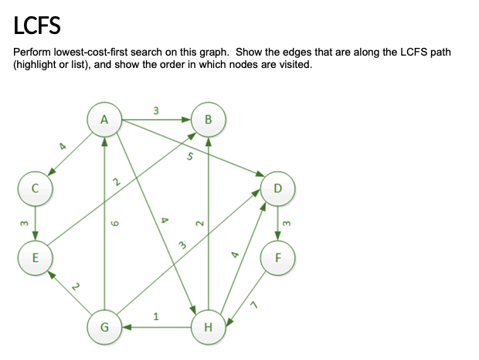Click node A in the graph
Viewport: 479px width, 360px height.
click(x=105, y=119)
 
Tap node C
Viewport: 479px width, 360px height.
click(x=35, y=188)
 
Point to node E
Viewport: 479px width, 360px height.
click(x=35, y=256)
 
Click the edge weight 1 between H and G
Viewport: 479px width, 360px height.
click(x=156, y=315)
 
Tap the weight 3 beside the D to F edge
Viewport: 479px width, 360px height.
click(x=287, y=223)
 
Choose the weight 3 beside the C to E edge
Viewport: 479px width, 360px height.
click(x=23, y=223)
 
